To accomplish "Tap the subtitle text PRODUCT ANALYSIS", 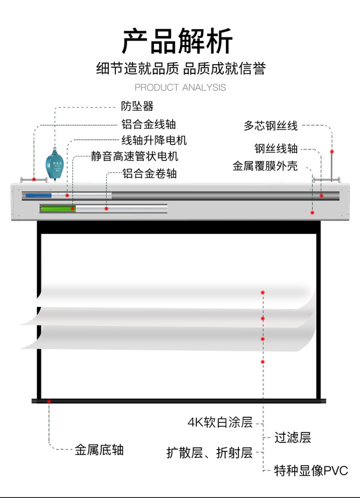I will (x=180, y=87).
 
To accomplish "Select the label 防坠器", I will (x=137, y=106).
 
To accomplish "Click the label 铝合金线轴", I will (x=148, y=124).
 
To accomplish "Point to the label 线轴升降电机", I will (x=154, y=141).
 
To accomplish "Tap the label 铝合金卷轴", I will (x=149, y=173).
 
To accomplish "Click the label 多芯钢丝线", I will (x=270, y=126).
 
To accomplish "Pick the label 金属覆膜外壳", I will (x=265, y=166).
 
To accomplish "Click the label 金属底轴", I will (x=99, y=450).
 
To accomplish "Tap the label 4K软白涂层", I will (x=220, y=423).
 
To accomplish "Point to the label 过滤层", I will (x=292, y=437).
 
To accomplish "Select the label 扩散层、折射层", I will (x=209, y=452).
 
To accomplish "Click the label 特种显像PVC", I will (x=311, y=471).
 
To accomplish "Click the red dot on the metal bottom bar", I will (x=49, y=401).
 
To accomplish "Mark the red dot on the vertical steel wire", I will (x=332, y=151).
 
